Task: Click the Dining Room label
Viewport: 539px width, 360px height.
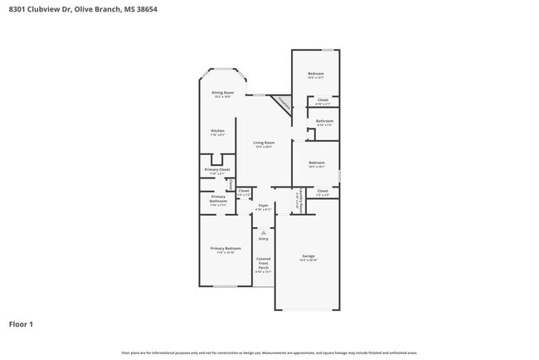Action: pyautogui.click(x=221, y=94)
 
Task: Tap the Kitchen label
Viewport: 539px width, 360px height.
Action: pyautogui.click(x=217, y=132)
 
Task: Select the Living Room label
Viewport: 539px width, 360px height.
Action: pyautogui.click(x=264, y=144)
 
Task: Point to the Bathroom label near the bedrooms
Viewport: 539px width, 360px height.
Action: pyautogui.click(x=324, y=122)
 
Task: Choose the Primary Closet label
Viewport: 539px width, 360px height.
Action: pyautogui.click(x=217, y=171)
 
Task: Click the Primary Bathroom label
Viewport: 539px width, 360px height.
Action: pyautogui.click(x=218, y=200)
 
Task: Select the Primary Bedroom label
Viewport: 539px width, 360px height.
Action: pyautogui.click(x=226, y=250)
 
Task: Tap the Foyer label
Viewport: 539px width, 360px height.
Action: pyautogui.click(x=263, y=206)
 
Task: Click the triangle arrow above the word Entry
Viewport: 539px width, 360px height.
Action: pyautogui.click(x=264, y=232)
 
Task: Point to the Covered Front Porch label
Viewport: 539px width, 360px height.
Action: pyautogui.click(x=263, y=264)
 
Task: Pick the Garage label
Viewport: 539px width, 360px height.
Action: pyautogui.click(x=308, y=257)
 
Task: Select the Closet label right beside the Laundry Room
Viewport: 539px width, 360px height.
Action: pyautogui.click(x=323, y=192)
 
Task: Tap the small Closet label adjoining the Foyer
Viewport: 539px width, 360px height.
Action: pyautogui.click(x=244, y=192)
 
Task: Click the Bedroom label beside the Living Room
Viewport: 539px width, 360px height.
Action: pyautogui.click(x=316, y=163)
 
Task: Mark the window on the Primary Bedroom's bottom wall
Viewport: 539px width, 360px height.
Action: pyautogui.click(x=225, y=286)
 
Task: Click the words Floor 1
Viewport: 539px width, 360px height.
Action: pyautogui.click(x=21, y=324)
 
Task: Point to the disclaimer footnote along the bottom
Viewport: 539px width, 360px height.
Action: pyautogui.click(x=269, y=353)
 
